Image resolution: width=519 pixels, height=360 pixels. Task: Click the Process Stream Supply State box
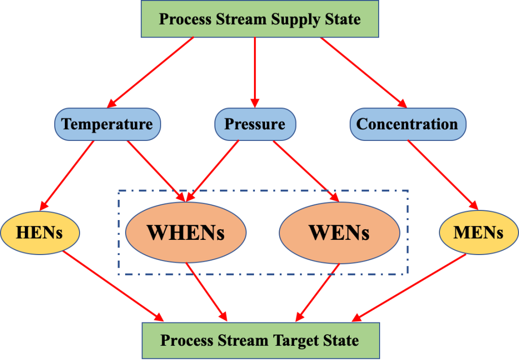point(260,19)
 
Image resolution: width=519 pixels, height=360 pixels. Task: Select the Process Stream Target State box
point(261,341)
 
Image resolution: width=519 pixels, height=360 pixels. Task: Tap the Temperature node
point(107,124)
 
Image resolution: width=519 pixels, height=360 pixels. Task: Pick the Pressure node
point(255,124)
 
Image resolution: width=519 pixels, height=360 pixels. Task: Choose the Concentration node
point(408,124)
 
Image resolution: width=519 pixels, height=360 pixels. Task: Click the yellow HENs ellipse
point(40,233)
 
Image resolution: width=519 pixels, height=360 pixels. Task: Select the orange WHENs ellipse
point(186,233)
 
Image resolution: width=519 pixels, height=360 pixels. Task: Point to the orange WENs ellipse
point(340,233)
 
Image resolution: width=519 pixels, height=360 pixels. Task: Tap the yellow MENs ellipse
point(478,233)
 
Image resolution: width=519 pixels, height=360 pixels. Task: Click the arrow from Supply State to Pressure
point(255,73)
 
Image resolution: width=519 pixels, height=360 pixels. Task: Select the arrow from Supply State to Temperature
point(150,73)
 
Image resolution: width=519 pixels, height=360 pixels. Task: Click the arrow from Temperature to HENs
point(67,175)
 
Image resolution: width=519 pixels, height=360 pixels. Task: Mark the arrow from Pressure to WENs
point(306,171)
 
